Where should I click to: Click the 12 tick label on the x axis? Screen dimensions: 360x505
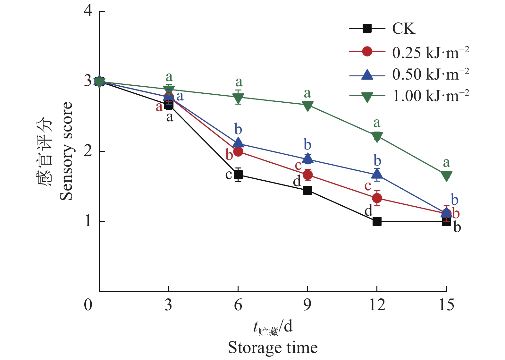pyautogui.click(x=377, y=304)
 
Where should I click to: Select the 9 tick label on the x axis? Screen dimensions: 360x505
pyautogui.click(x=307, y=304)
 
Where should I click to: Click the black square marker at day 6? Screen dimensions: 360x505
pyautogui.click(x=238, y=175)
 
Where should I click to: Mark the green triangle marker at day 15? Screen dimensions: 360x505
pyautogui.click(x=446, y=176)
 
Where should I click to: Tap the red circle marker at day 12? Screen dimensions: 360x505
pyautogui.click(x=377, y=198)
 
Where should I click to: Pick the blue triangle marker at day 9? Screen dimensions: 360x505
pyautogui.click(x=307, y=158)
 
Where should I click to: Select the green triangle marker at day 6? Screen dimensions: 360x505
pyautogui.click(x=238, y=98)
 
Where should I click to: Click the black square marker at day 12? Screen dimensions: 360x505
pyautogui.click(x=377, y=221)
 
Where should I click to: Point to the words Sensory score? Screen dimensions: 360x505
pyautogui.click(x=66, y=151)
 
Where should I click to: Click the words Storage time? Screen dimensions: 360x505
pyautogui.click(x=273, y=347)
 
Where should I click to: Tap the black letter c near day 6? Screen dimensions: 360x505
pyautogui.click(x=229, y=175)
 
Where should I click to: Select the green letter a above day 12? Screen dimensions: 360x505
pyautogui.click(x=377, y=123)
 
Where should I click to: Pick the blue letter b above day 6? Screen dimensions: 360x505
pyautogui.click(x=238, y=129)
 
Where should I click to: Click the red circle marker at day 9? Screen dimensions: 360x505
pyautogui.click(x=307, y=175)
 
